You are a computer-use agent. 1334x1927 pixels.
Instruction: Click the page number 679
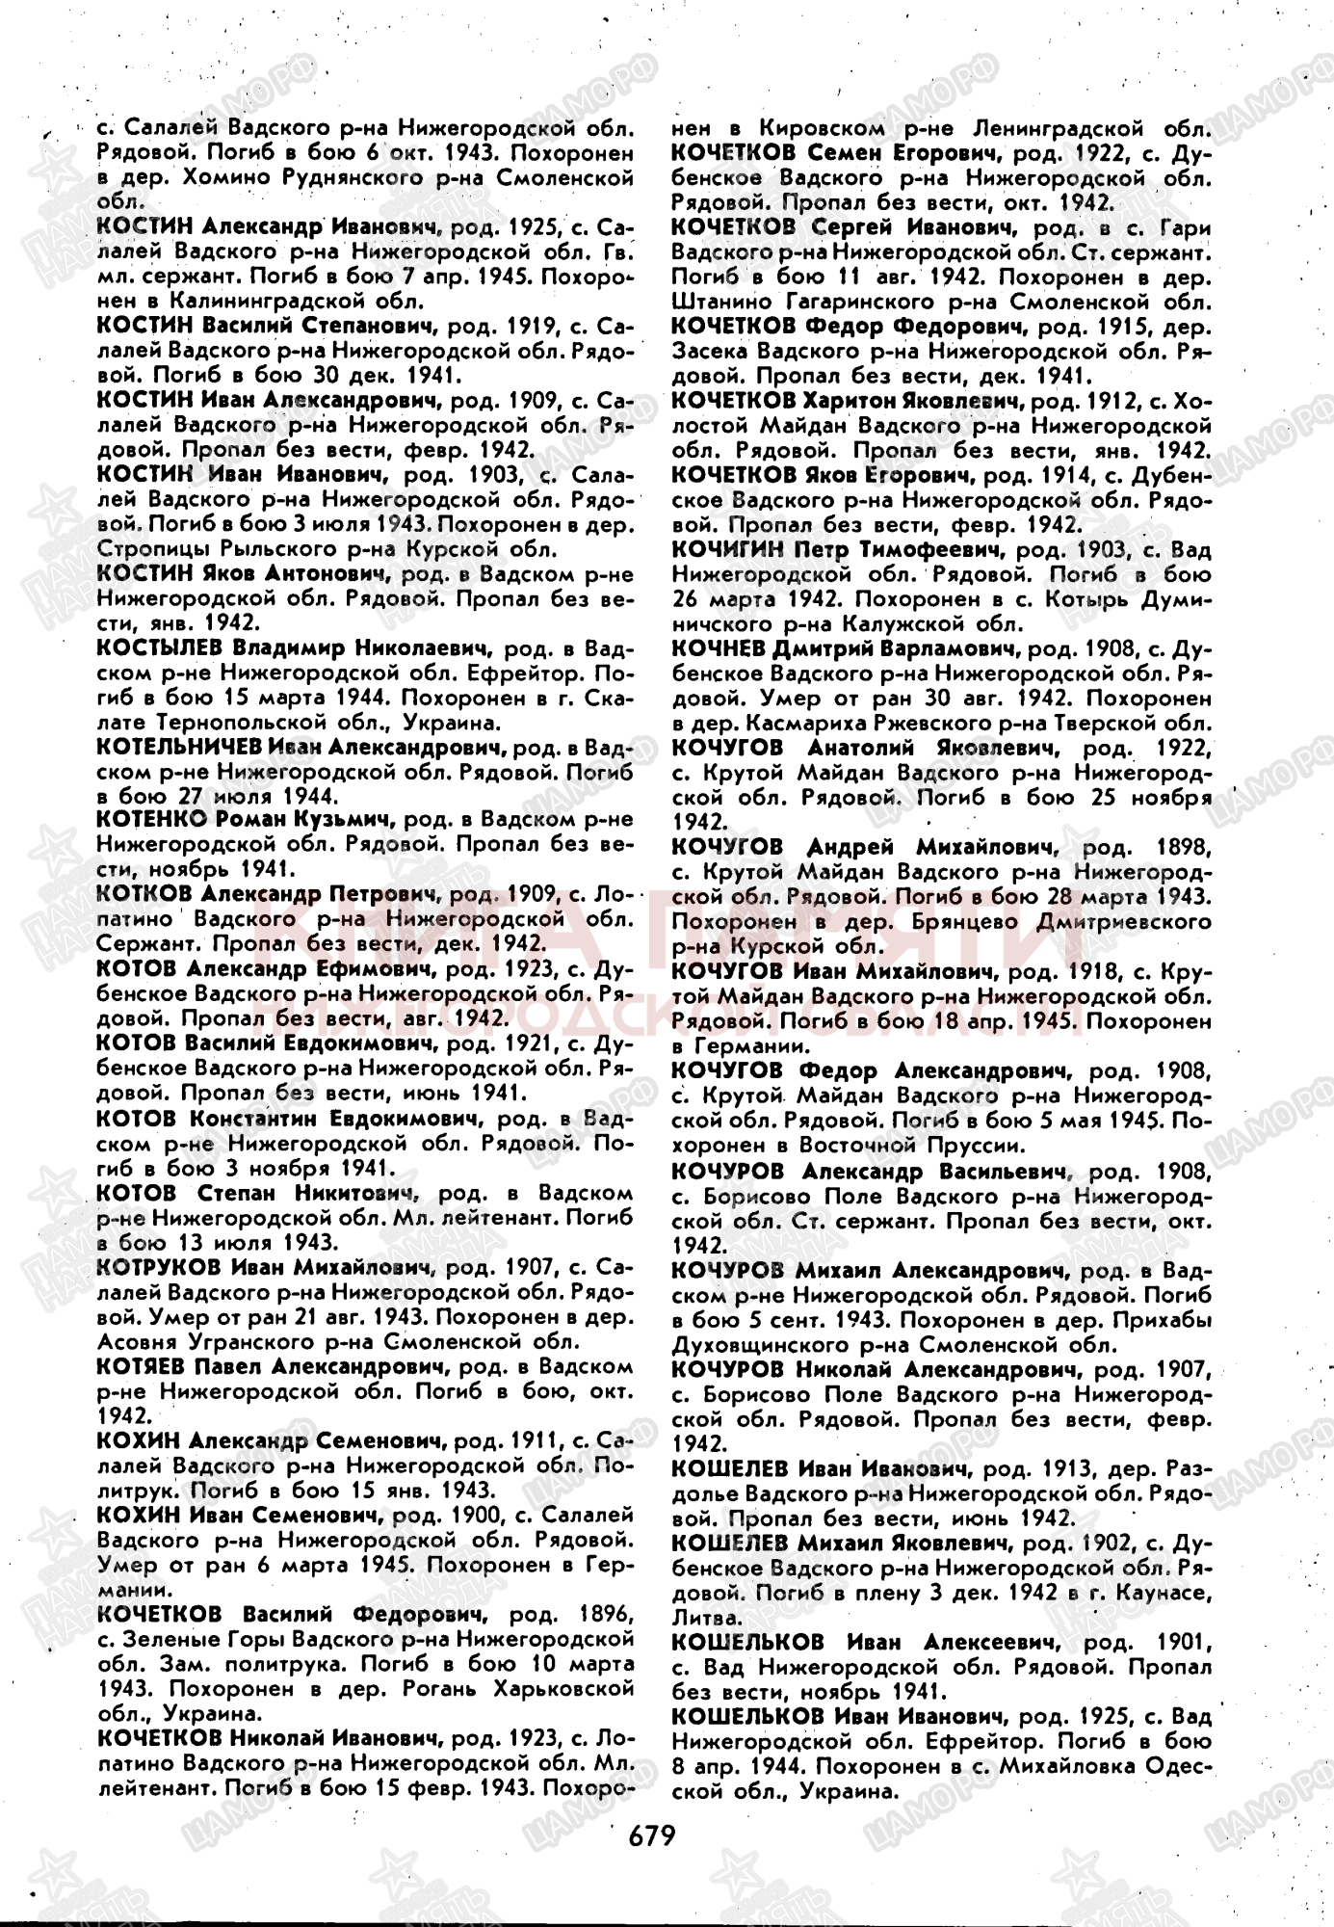652,1834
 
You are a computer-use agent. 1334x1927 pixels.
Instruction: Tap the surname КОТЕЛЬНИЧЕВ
179,747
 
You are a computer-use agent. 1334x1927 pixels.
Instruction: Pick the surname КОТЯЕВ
142,1366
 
